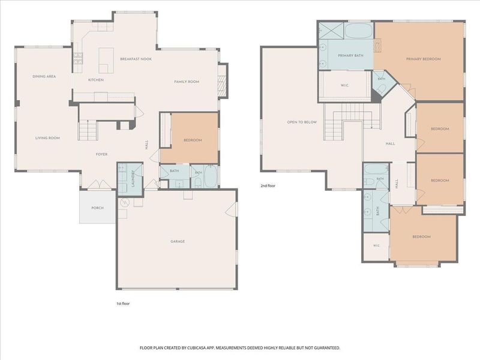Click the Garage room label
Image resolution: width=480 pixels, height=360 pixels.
pos(178,242)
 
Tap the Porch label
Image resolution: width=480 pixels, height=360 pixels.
pos(97,208)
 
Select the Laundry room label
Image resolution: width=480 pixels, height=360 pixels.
pos(133,178)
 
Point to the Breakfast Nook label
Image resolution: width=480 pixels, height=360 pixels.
pos(136,59)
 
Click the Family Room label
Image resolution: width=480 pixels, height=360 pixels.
pos(187,82)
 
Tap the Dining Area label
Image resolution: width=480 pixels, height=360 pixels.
pos(44,76)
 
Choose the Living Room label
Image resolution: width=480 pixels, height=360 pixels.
pos(47,138)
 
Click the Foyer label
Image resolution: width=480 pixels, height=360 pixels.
pos(101,154)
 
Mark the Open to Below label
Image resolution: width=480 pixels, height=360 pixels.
pos(302,122)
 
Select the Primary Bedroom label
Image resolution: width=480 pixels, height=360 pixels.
pos(424,59)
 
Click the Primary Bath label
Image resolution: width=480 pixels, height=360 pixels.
pos(350,56)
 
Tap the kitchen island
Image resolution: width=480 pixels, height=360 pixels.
pos(106,61)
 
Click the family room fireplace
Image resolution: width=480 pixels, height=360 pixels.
pos(223,80)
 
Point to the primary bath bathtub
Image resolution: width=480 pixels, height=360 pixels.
pos(358,31)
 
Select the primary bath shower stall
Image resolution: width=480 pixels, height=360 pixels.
pos(331,31)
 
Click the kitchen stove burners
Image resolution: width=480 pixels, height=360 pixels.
pos(78,58)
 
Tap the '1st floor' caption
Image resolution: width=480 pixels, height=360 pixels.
pos(123,304)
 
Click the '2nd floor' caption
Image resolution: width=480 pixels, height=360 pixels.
pos(268,186)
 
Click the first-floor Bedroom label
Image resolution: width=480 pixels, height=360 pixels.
pos(193,140)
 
